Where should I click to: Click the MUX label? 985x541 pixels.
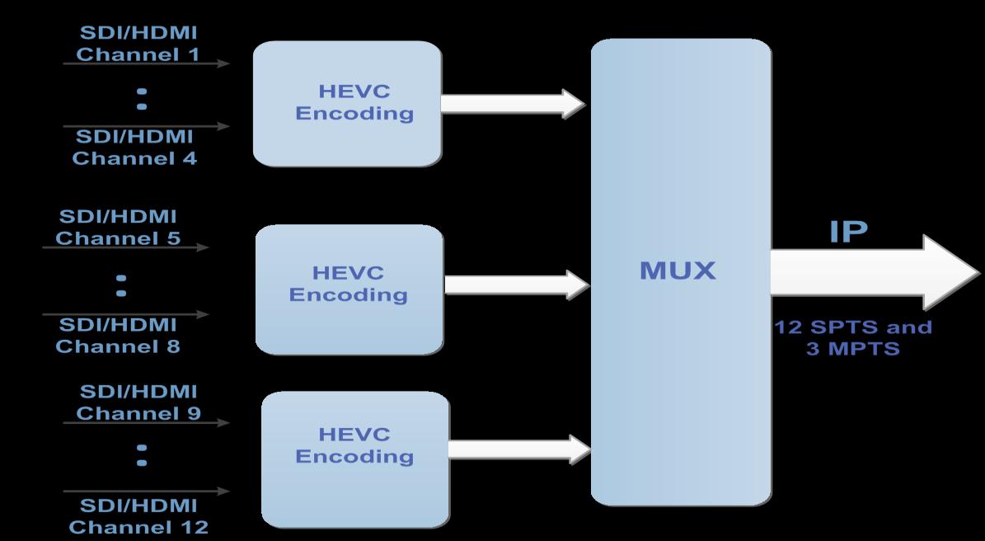point(678,270)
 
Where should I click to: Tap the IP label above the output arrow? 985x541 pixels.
point(848,232)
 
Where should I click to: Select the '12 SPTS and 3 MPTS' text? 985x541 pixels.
point(853,337)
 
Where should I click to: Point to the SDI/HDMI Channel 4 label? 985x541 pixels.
point(134,148)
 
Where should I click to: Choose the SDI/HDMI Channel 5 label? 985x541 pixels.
point(118,228)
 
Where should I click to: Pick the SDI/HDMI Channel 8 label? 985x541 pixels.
point(118,335)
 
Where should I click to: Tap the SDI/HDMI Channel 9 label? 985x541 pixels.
point(138,402)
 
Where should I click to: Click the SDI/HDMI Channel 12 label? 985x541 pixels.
point(138,515)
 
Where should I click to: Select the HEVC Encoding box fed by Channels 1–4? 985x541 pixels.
point(347,103)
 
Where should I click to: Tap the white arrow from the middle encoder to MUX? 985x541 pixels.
point(516,285)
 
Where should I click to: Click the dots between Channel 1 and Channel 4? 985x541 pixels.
point(142,98)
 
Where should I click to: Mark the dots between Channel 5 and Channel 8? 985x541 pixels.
point(121,285)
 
